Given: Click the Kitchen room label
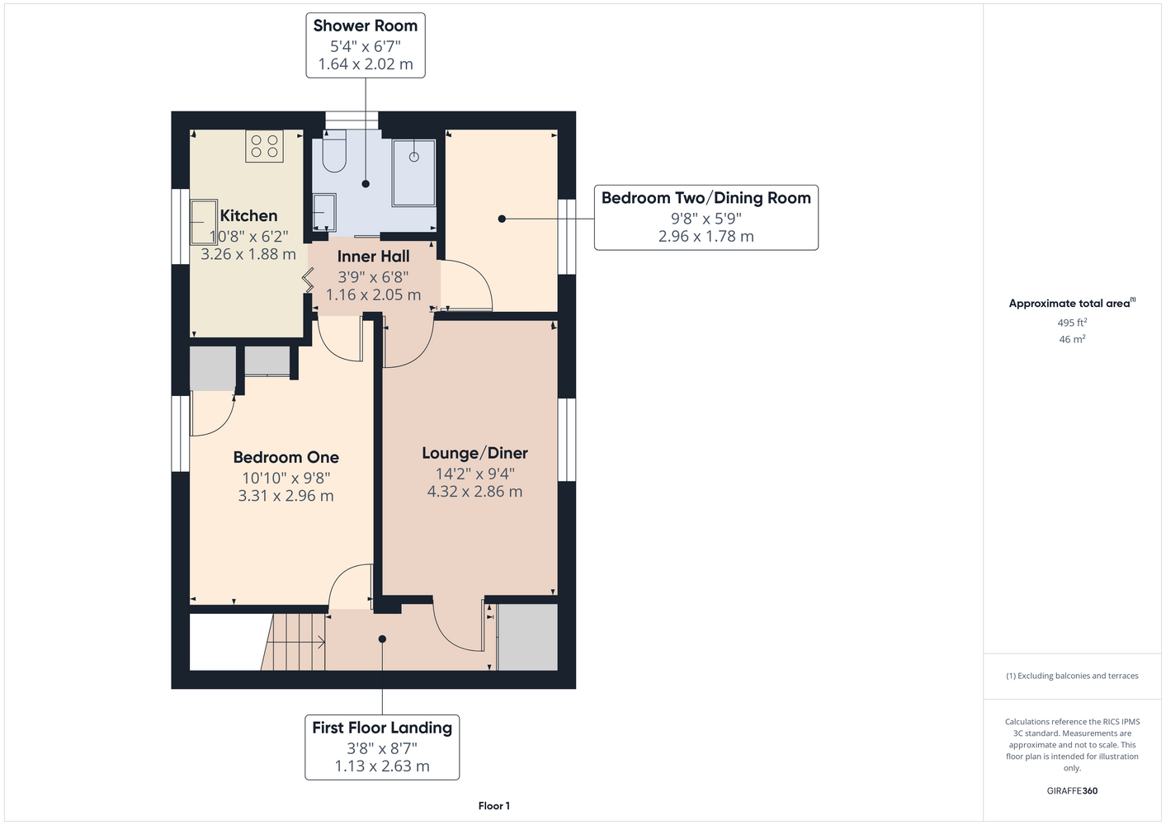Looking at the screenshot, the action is coord(248,215).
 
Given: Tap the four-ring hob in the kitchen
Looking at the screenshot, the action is coord(264,146).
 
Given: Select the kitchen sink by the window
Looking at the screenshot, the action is coord(204,222).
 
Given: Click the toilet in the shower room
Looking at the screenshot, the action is coord(334,151).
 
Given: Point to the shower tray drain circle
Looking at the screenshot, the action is coord(413,157).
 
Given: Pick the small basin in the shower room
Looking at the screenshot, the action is coord(324,212).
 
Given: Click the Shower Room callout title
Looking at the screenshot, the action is coord(366,26).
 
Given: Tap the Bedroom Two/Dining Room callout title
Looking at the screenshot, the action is coord(706,198).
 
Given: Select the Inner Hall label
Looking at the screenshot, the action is coord(373,256).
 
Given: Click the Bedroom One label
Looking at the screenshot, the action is coord(286,457).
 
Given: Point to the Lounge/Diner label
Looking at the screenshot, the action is coord(474,454).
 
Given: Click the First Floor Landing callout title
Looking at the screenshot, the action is coord(382,728).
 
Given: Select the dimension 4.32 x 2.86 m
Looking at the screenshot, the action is coord(474,492).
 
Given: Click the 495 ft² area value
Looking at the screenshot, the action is coord(1072,323).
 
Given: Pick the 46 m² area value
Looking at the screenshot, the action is coord(1072,339).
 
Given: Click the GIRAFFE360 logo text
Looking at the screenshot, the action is coord(1072,790).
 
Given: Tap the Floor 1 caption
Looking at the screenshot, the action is coord(494,806).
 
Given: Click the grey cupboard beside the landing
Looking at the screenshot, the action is coord(528,637).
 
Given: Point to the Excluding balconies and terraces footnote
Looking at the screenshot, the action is coord(1072,676).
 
